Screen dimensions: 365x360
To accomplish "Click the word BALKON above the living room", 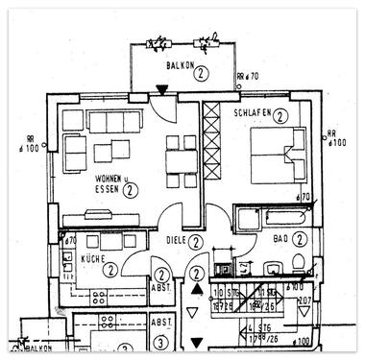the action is [x=178, y=65].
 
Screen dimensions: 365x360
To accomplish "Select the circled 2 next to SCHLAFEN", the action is [x=280, y=116].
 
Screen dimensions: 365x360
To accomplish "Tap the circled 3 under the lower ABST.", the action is [x=160, y=340].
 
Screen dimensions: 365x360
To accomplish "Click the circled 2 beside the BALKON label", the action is [x=201, y=71].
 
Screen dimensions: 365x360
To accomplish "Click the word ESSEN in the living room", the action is [x=108, y=191].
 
